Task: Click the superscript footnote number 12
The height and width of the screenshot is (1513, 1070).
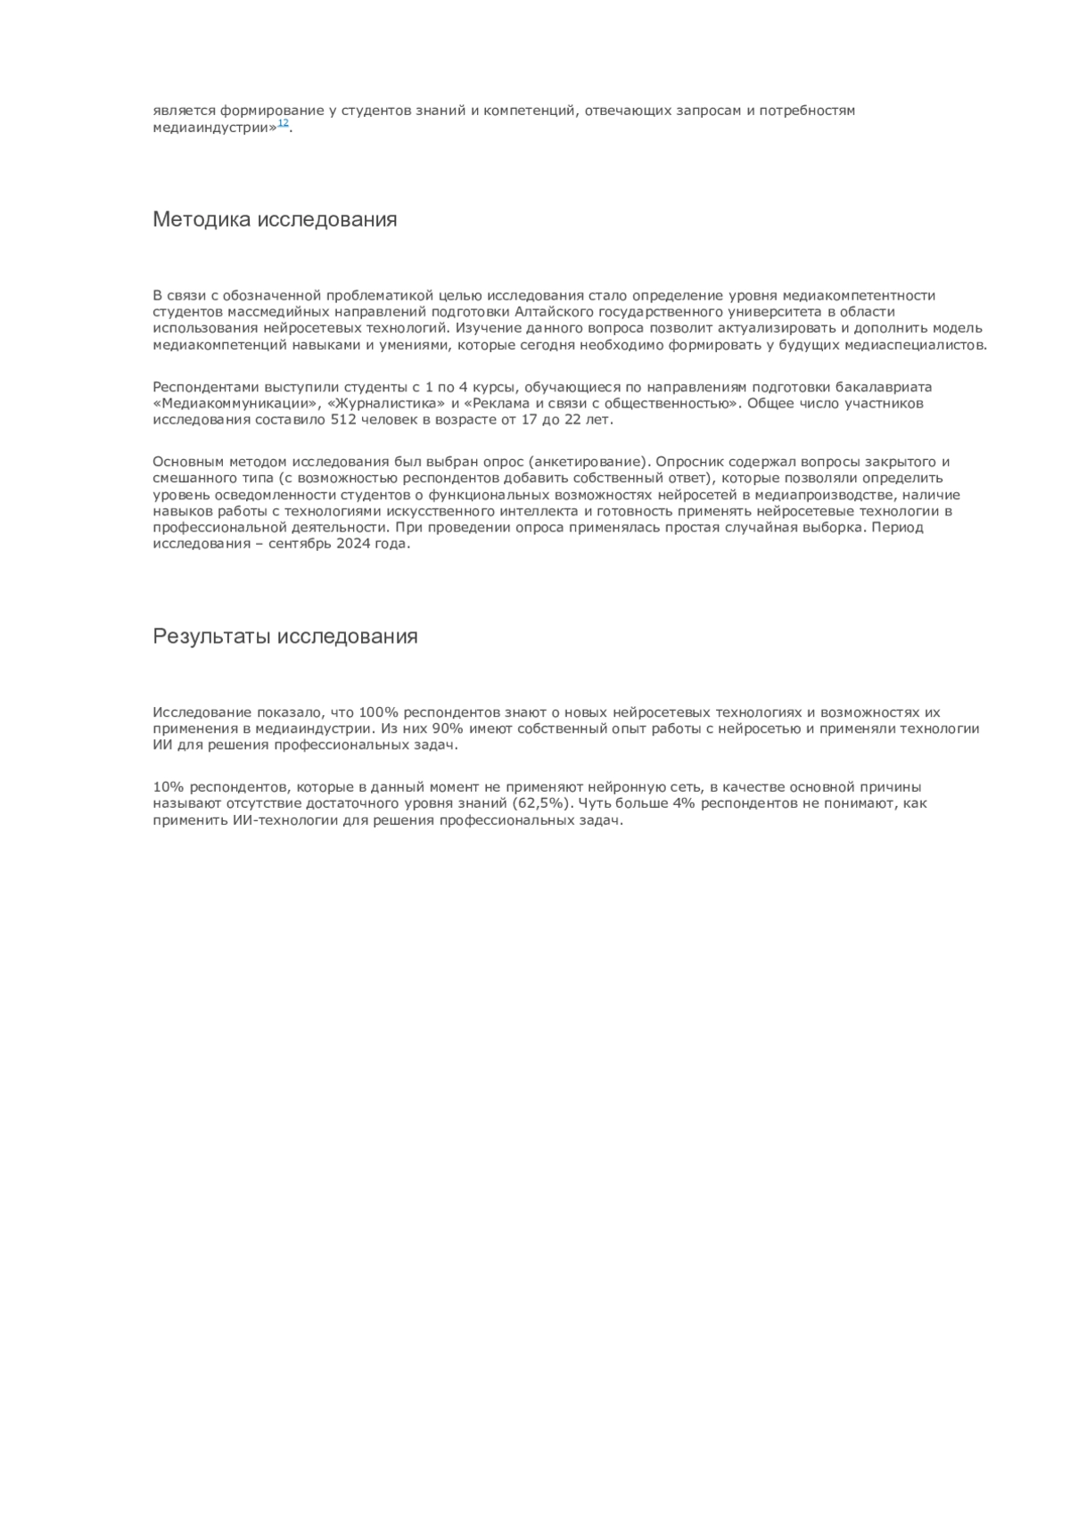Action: click(x=283, y=123)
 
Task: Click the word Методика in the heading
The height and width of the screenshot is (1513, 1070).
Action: click(x=202, y=219)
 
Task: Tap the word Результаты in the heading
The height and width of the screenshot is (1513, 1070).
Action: click(x=212, y=637)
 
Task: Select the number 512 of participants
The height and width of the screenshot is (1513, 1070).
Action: click(x=343, y=420)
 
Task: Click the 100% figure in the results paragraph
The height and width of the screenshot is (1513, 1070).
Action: click(x=374, y=712)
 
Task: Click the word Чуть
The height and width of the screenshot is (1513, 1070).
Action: click(x=597, y=803)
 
